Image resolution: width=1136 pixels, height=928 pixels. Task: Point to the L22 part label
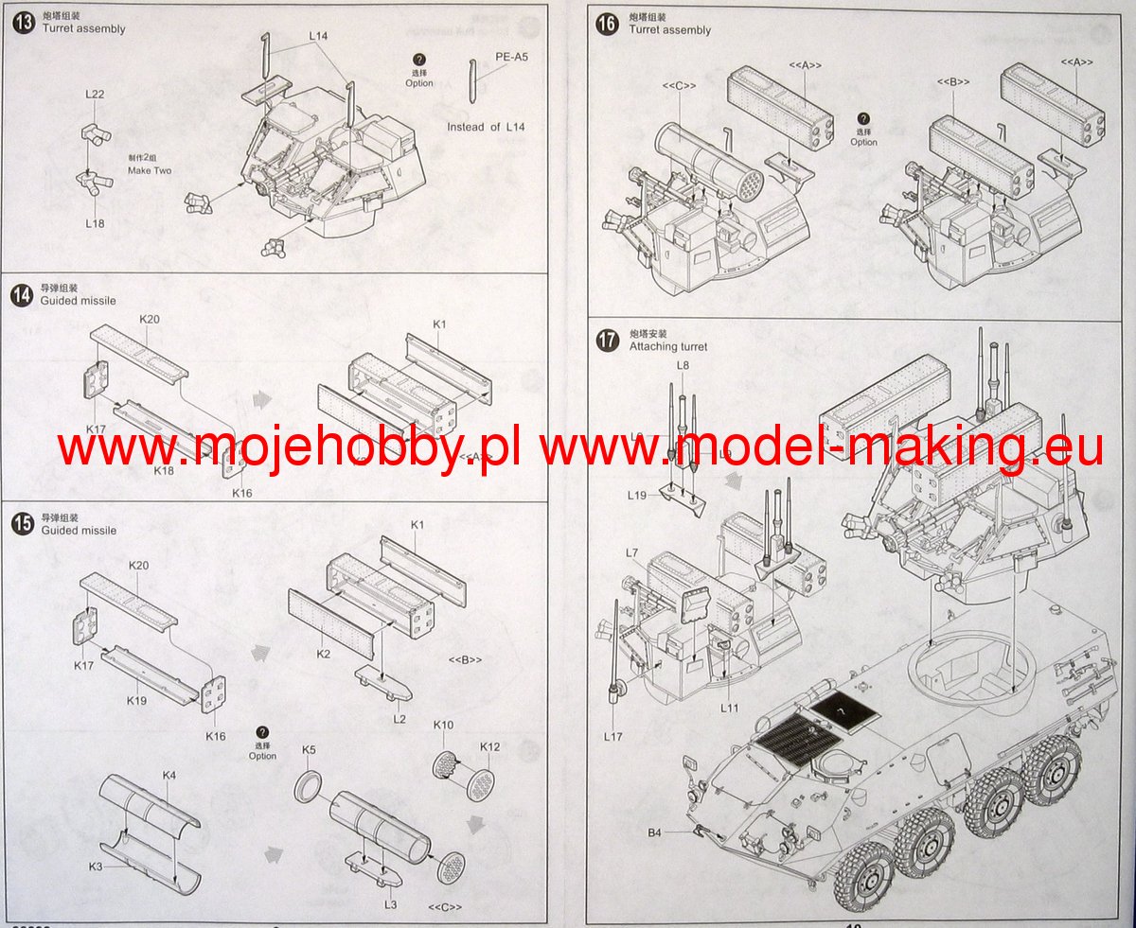(x=95, y=95)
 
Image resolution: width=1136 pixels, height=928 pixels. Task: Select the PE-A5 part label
(x=511, y=56)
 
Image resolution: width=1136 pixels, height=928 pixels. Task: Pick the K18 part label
(x=166, y=470)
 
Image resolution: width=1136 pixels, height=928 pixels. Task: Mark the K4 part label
(x=169, y=775)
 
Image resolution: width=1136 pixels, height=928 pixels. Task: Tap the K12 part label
(x=489, y=747)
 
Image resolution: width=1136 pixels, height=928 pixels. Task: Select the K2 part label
(x=324, y=654)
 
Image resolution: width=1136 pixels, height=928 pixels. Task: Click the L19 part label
(x=636, y=494)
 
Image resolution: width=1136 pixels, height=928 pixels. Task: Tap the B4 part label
(x=654, y=832)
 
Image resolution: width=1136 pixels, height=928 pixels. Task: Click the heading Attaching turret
(x=667, y=346)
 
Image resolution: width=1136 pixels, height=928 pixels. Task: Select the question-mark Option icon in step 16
(x=863, y=118)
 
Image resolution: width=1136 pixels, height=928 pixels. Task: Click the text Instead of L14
(x=486, y=127)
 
